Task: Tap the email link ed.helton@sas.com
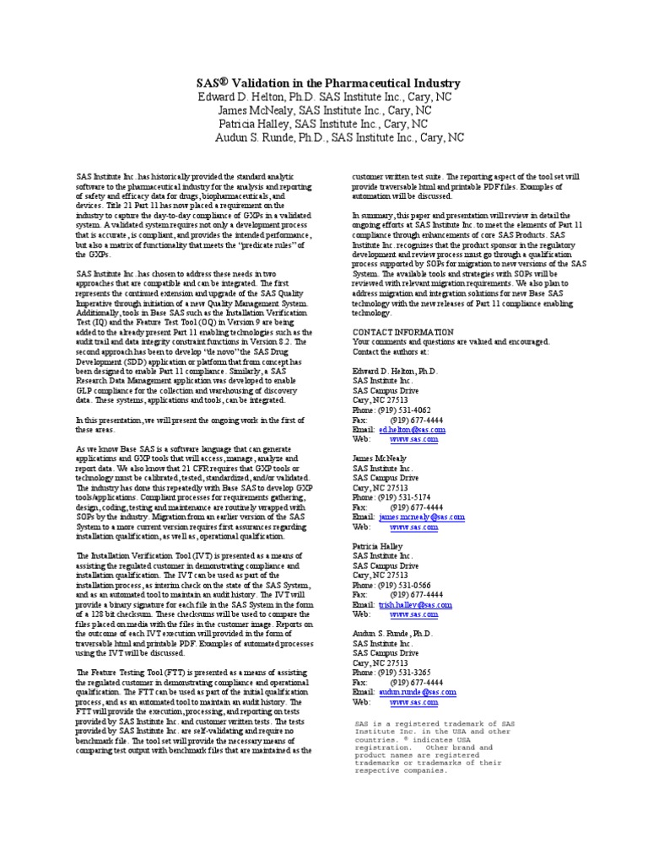(x=412, y=430)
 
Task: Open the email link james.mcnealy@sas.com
(x=421, y=517)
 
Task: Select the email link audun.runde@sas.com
(x=417, y=691)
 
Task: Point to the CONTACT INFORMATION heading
(x=402, y=332)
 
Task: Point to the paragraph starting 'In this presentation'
(x=194, y=400)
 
